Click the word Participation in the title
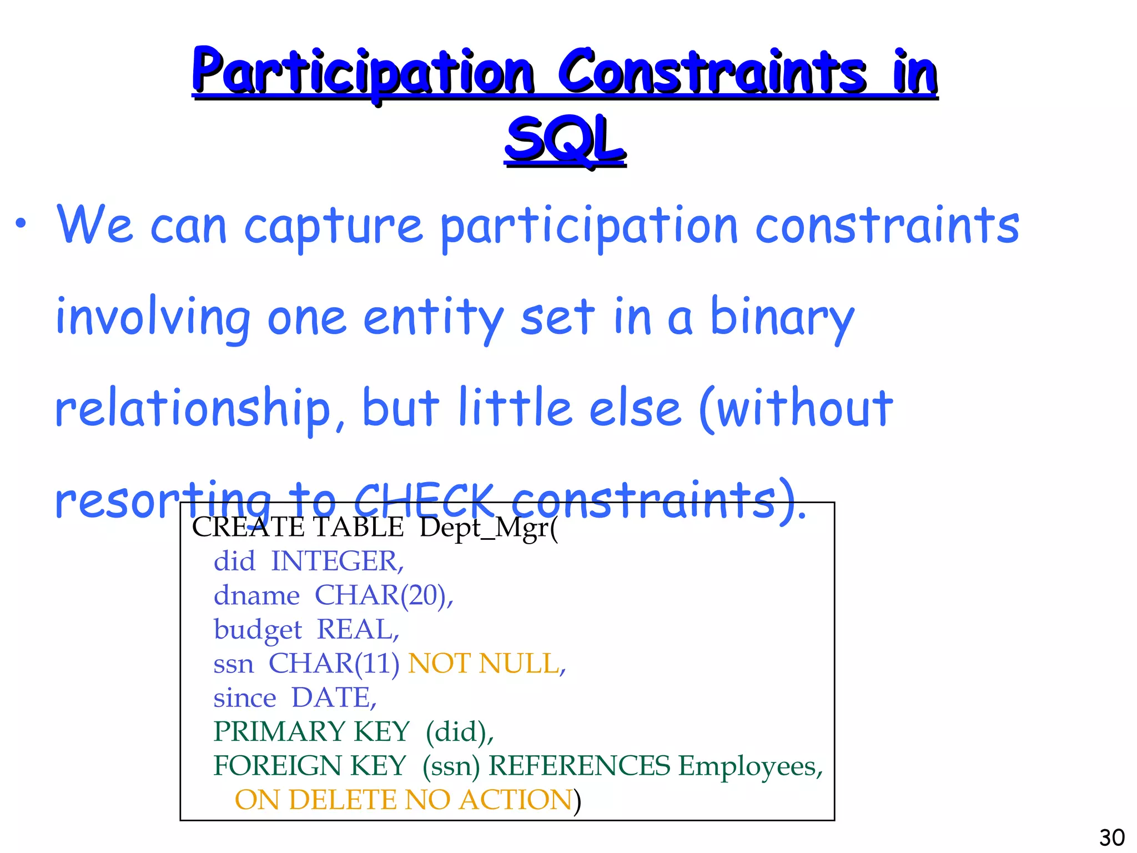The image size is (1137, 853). [x=364, y=72]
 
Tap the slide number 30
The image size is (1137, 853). [x=1111, y=837]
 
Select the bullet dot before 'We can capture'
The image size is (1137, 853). [x=21, y=224]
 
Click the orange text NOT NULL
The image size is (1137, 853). [x=486, y=663]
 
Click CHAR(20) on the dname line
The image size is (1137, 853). [x=384, y=595]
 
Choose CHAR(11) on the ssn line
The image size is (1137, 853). [x=334, y=663]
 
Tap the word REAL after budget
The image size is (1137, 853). [x=358, y=630]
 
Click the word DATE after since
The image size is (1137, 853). [x=334, y=698]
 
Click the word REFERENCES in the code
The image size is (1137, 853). [x=580, y=766]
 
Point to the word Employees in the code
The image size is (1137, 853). [x=749, y=767]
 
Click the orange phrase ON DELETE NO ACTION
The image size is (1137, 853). [x=404, y=800]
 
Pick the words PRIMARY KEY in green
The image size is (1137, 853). [x=311, y=732]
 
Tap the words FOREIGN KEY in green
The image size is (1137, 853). [x=310, y=766]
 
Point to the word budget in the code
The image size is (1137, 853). [x=258, y=630]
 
